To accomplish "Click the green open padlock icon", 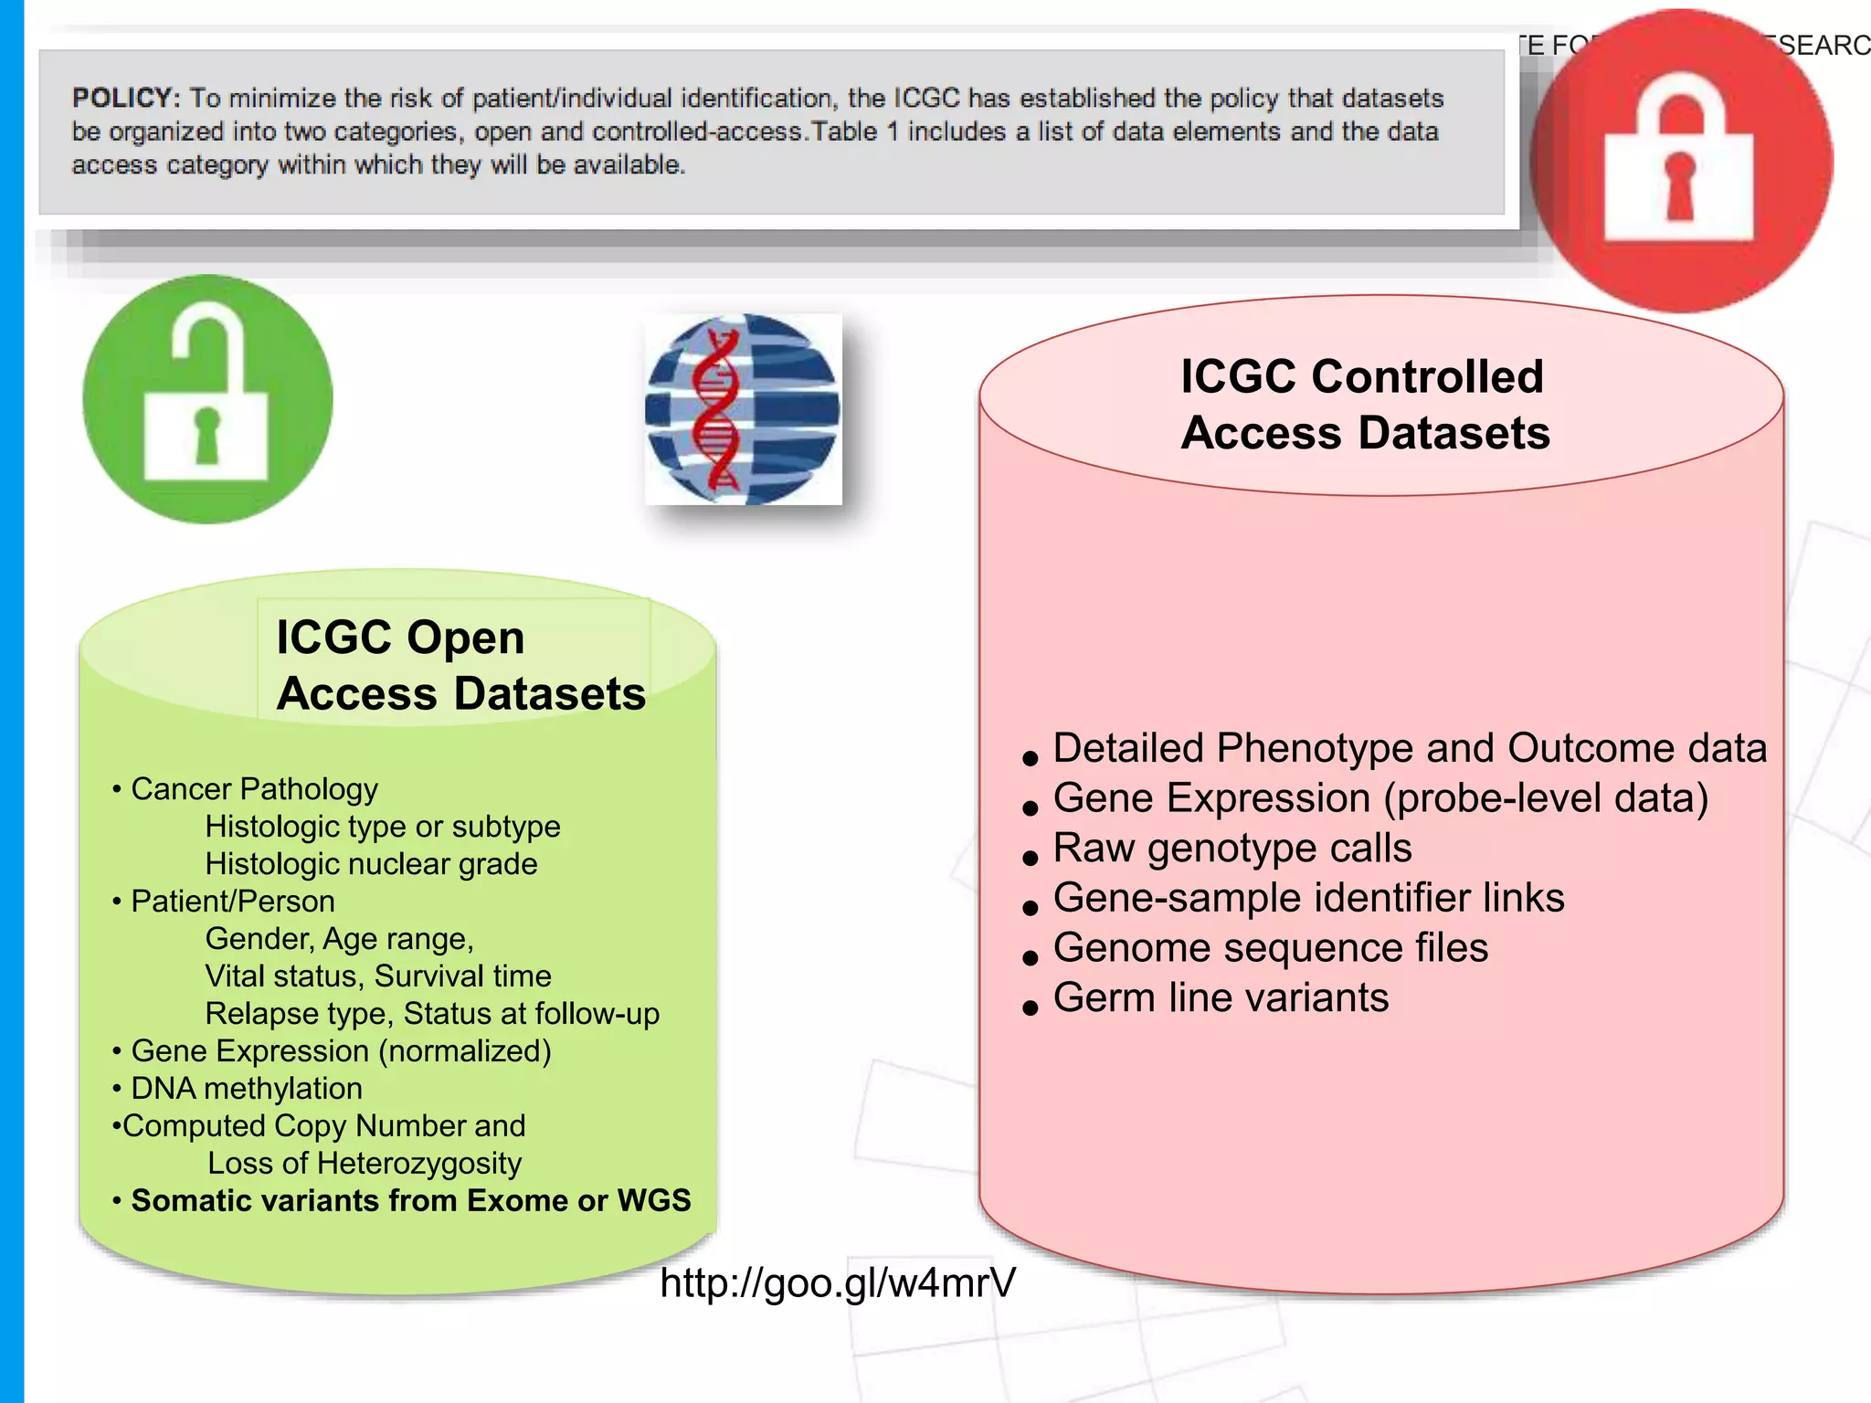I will pos(207,399).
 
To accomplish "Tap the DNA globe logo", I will pos(743,409).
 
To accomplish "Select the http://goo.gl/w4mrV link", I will pos(837,1282).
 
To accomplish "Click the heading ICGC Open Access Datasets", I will pos(460,665).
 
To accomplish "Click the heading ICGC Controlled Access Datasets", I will pos(1365,404).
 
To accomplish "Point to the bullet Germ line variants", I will pos(1220,997).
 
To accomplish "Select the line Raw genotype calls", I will pos(1231,848).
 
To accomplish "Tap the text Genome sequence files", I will pos(1270,947).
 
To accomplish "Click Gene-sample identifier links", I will pos(1308,897).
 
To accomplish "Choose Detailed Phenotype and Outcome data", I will pos(1409,748).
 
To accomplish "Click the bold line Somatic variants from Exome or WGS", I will pos(410,1200).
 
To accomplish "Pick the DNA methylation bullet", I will pos(246,1088).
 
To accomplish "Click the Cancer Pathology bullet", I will pos(253,788).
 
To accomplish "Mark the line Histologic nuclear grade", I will pos(371,863).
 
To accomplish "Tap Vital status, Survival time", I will pos(378,976).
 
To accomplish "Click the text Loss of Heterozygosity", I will pos(365,1163).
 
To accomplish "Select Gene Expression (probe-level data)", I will pos(1379,797).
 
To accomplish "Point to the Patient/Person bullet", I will pos(232,901).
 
